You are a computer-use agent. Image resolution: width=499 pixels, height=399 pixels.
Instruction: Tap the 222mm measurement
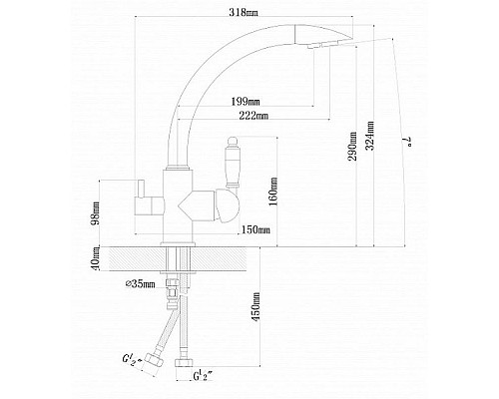(256, 117)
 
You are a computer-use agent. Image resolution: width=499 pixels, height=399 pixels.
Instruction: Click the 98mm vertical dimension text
(96, 211)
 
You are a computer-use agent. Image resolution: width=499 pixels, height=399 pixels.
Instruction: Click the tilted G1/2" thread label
(128, 364)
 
